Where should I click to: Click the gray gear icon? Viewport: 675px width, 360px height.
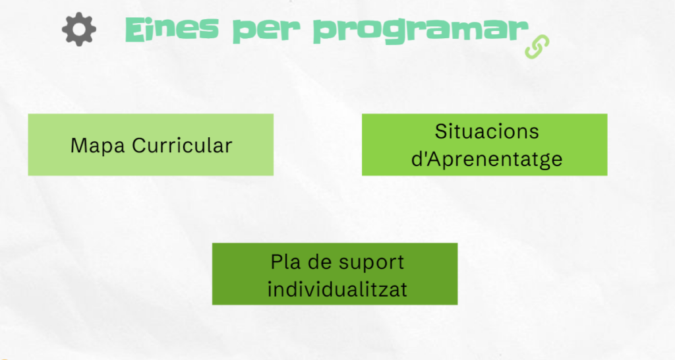[x=79, y=29]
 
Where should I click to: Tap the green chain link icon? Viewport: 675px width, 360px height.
[x=537, y=47]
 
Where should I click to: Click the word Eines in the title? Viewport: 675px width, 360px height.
[x=172, y=29]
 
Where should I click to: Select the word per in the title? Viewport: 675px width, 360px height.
[x=266, y=30]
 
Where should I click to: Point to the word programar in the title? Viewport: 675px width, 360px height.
[x=421, y=30]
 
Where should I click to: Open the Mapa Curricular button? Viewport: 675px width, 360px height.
[x=151, y=144]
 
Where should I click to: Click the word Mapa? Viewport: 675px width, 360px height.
[x=98, y=146]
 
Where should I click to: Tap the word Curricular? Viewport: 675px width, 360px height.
[x=182, y=145]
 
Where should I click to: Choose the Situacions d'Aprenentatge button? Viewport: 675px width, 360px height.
[x=484, y=144]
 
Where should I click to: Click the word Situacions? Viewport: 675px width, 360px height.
[x=487, y=131]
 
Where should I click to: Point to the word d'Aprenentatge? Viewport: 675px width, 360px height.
[x=487, y=160]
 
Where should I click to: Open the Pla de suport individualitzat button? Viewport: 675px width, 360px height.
[x=335, y=274]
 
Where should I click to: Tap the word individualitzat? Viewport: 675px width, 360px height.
[x=337, y=289]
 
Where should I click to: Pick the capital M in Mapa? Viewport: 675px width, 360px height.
[x=79, y=145]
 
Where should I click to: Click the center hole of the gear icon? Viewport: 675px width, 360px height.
[x=79, y=29]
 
